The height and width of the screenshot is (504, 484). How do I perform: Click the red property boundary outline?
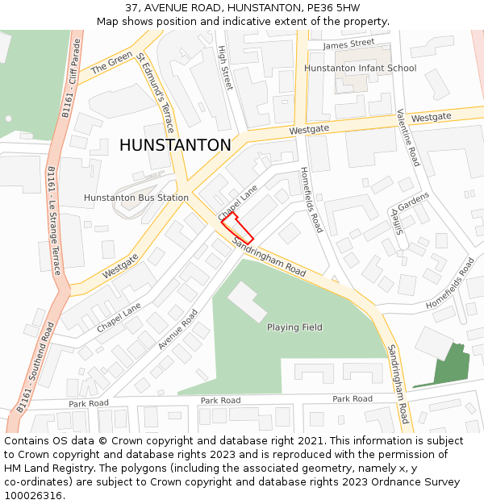click(x=237, y=227)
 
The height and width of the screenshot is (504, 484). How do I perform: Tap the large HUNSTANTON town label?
click(x=175, y=145)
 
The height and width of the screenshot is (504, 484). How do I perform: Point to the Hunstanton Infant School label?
click(x=360, y=69)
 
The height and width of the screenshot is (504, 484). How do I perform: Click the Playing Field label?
click(x=294, y=327)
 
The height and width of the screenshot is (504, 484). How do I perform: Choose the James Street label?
click(x=348, y=44)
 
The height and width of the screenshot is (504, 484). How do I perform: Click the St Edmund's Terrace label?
click(x=155, y=93)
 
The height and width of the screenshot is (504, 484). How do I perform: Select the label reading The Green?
click(x=111, y=63)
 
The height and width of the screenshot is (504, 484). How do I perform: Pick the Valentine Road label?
click(x=408, y=138)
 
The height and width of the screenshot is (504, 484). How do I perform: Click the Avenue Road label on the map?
click(x=177, y=329)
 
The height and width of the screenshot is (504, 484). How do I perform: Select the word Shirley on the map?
click(x=397, y=217)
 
